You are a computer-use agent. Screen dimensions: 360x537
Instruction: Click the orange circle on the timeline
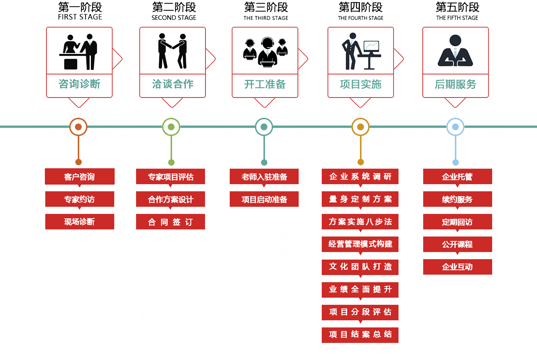[x=78, y=127]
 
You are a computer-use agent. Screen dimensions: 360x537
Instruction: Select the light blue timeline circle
[x=455, y=127]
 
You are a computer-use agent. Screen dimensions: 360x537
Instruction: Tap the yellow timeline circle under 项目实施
[x=360, y=127]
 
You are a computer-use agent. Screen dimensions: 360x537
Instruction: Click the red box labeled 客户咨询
[x=80, y=177]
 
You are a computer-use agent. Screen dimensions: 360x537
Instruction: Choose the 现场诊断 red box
[x=80, y=222]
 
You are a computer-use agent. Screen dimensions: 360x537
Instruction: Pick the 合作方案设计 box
[x=170, y=199]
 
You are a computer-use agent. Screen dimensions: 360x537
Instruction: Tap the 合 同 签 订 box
[x=170, y=222]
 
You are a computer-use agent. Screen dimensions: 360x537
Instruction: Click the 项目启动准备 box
[x=264, y=199]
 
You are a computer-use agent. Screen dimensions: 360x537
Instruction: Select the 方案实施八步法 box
[x=360, y=222]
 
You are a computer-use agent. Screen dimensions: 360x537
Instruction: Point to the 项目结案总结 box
[x=360, y=334]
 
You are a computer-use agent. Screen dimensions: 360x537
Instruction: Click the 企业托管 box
[x=457, y=177]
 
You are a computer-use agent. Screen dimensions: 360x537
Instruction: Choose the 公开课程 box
[x=457, y=244]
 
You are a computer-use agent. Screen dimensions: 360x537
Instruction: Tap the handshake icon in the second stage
[x=172, y=51]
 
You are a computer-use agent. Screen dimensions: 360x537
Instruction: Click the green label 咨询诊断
[x=79, y=84]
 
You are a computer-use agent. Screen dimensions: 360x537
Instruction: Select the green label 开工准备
[x=265, y=84]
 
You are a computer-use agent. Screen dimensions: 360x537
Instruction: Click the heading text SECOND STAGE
[x=174, y=18]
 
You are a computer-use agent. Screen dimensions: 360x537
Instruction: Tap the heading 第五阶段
[x=457, y=7]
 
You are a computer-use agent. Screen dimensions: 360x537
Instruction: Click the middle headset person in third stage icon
[x=267, y=51]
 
